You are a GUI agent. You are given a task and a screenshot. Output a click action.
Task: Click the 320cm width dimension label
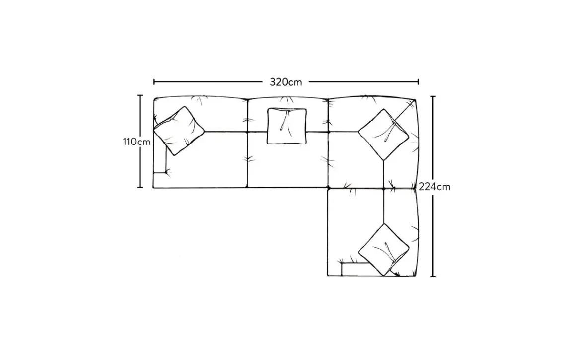286,82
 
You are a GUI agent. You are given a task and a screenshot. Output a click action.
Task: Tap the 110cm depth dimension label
137,142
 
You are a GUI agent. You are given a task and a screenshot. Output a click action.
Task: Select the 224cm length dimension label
434,187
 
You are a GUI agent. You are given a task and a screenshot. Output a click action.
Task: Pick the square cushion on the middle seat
287,126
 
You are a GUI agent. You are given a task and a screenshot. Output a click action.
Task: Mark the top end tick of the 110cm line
140,96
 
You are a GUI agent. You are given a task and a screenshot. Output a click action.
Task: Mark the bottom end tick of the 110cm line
140,187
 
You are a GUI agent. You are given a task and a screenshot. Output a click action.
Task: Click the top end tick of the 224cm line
434,97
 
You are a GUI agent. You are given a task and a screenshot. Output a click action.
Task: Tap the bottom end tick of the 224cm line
434,276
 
